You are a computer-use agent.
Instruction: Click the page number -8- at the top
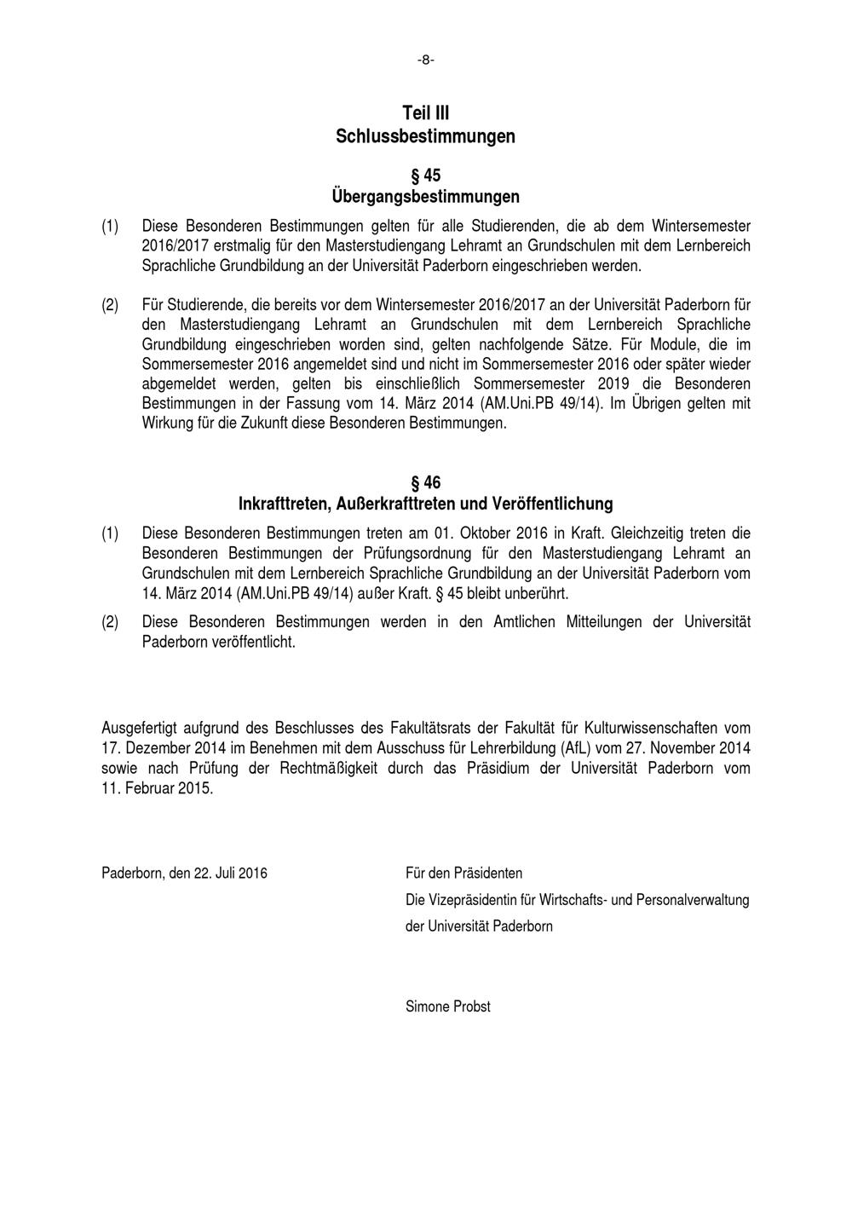pos(426,60)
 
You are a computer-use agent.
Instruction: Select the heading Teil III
pos(426,113)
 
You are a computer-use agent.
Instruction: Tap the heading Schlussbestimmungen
pos(426,136)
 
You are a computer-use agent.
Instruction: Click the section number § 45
pos(426,176)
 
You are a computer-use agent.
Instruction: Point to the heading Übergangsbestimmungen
pos(426,197)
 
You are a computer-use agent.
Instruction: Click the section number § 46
pos(426,483)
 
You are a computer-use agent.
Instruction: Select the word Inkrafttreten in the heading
pos(281,504)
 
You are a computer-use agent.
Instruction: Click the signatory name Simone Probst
pos(448,1006)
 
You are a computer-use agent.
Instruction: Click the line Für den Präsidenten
pos(464,873)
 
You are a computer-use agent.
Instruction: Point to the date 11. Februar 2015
pos(158,788)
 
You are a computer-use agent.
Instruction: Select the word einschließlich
pos(418,383)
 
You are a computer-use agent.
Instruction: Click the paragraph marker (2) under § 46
pos(110,622)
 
